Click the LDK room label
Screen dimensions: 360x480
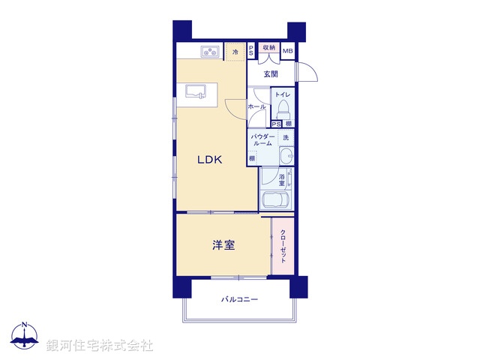(x=211, y=160)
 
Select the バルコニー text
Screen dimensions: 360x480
(x=239, y=300)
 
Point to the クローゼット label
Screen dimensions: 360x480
(x=283, y=244)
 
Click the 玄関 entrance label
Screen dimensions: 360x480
(x=271, y=73)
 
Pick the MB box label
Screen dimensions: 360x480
(x=288, y=50)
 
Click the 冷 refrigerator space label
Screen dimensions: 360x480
(x=235, y=52)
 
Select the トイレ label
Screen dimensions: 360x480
(x=282, y=94)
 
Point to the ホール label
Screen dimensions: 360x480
(x=256, y=106)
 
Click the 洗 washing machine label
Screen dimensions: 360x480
(x=286, y=137)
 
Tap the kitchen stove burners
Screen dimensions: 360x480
(x=209, y=52)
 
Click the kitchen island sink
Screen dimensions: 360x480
(x=198, y=91)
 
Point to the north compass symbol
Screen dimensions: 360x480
(x=25, y=337)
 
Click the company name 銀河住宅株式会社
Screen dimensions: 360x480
(x=100, y=345)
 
